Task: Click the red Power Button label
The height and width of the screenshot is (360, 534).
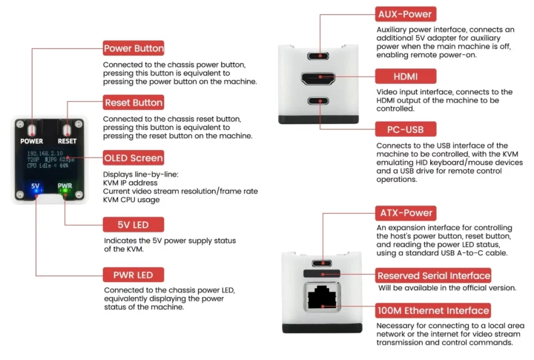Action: (133, 48)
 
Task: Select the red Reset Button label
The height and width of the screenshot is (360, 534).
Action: (133, 102)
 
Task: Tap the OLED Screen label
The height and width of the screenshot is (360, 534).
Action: (133, 158)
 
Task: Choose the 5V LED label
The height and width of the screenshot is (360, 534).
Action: (133, 225)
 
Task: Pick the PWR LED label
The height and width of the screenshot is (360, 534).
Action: (133, 275)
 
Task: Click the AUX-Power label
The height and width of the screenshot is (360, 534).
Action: (406, 14)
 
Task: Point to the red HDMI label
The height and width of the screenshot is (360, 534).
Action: (406, 76)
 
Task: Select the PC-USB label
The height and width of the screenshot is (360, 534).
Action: (406, 129)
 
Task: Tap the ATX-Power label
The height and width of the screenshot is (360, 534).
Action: (406, 213)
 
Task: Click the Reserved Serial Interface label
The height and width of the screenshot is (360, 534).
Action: (434, 275)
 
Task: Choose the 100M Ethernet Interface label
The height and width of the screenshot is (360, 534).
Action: (433, 310)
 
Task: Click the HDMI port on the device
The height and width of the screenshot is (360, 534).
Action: (318, 79)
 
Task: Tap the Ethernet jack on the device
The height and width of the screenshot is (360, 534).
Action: (322, 297)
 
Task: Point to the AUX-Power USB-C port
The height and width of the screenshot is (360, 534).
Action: (318, 56)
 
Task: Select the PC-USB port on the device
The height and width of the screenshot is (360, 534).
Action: (318, 101)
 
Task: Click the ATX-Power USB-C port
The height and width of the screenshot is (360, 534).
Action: (322, 263)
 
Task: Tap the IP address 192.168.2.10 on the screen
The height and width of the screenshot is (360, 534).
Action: (45, 154)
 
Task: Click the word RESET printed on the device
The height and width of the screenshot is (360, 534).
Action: (67, 141)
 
